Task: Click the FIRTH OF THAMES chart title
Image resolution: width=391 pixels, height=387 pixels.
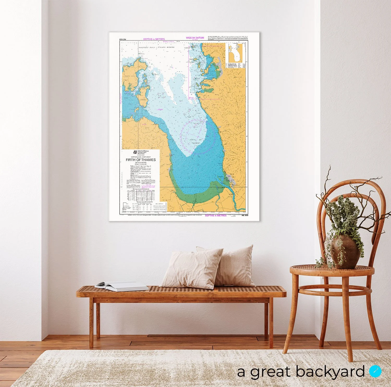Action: point(141,160)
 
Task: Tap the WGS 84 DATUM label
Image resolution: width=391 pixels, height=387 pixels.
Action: point(195,38)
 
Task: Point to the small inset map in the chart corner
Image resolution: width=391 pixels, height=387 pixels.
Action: point(236,53)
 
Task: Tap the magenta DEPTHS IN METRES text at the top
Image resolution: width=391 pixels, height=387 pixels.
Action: point(154,39)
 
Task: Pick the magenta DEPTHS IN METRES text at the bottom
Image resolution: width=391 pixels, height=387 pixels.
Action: point(216,215)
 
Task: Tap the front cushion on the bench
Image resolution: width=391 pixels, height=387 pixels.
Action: point(192,268)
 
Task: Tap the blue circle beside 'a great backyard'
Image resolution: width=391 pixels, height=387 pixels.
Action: point(375,371)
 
